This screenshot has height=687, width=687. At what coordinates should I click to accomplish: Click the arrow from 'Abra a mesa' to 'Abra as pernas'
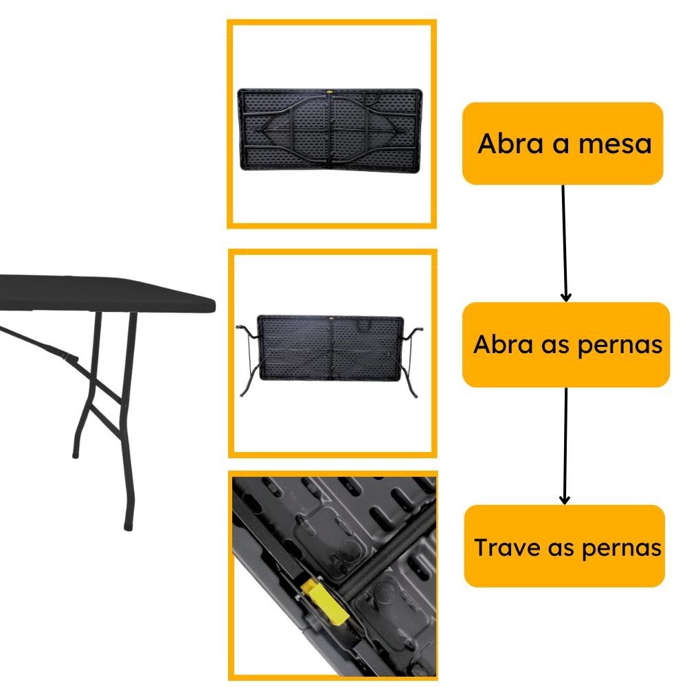pyautogui.click(x=564, y=243)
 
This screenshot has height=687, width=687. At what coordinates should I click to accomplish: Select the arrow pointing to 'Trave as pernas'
pyautogui.click(x=565, y=446)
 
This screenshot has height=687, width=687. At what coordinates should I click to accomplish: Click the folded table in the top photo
pyautogui.click(x=330, y=130)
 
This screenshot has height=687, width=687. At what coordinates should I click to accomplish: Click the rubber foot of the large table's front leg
pyautogui.click(x=128, y=525)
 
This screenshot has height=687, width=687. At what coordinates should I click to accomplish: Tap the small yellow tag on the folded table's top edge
pyautogui.click(x=330, y=92)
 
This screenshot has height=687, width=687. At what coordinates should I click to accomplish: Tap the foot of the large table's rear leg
pyautogui.click(x=76, y=455)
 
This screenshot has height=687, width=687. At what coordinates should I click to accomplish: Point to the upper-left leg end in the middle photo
pyautogui.click(x=239, y=327)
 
